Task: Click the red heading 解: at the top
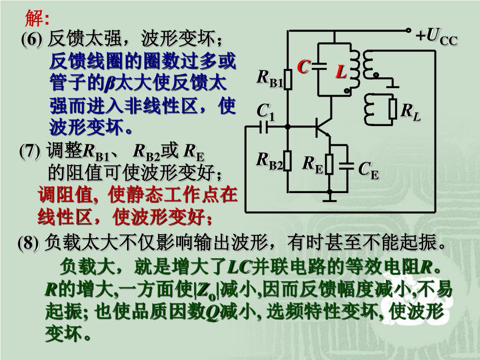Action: coord(37,19)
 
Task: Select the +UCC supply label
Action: coord(436,36)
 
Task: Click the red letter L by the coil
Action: coord(341,72)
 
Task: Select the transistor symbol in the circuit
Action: coord(322,126)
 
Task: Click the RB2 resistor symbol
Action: coord(288,161)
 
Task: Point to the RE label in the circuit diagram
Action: coord(312,164)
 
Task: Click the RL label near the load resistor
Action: coord(411,112)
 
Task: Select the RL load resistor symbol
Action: coord(393,110)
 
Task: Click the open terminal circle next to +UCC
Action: coord(409,30)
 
